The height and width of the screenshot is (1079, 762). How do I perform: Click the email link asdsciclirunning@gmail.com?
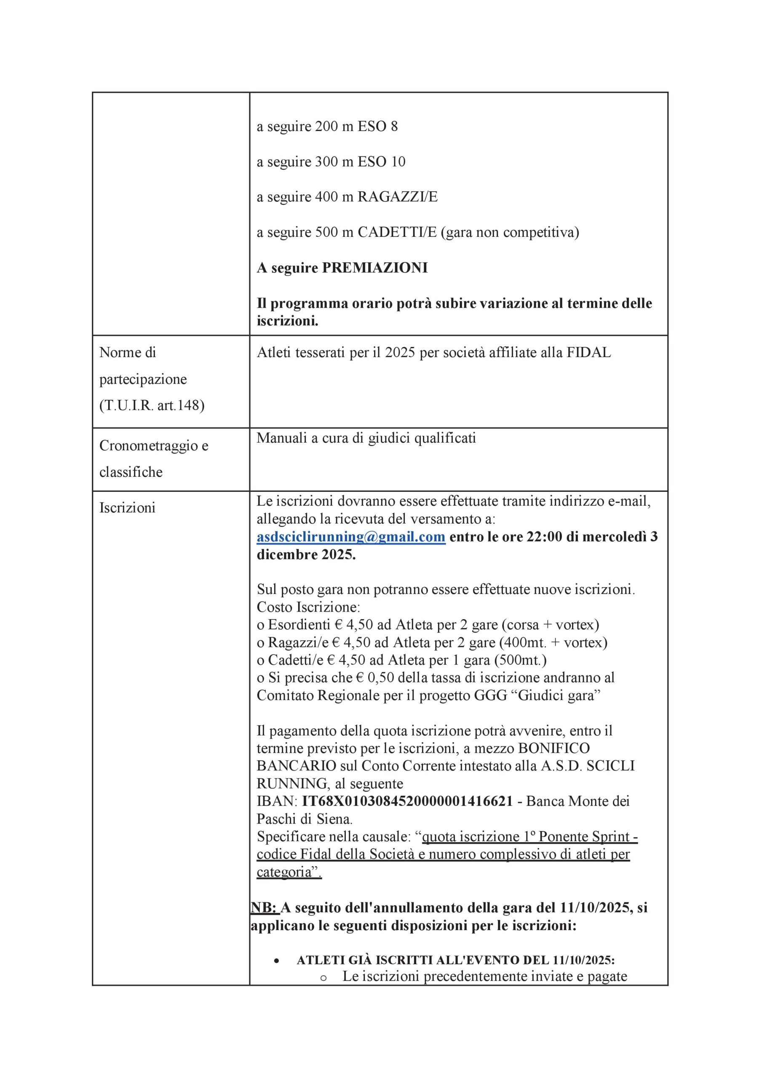pyautogui.click(x=350, y=537)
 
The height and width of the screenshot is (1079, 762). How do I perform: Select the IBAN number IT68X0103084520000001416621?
pyautogui.click(x=407, y=801)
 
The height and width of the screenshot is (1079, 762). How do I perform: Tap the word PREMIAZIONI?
pyautogui.click(x=374, y=268)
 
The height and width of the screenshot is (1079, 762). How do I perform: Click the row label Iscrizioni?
pyautogui.click(x=127, y=508)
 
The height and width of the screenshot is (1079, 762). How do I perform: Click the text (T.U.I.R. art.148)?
pyautogui.click(x=152, y=405)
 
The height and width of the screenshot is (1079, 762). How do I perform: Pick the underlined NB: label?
pyautogui.click(x=264, y=907)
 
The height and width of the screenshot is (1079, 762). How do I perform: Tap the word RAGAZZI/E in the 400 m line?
pyautogui.click(x=398, y=197)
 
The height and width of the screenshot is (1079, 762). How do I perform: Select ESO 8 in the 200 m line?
pyautogui.click(x=377, y=126)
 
